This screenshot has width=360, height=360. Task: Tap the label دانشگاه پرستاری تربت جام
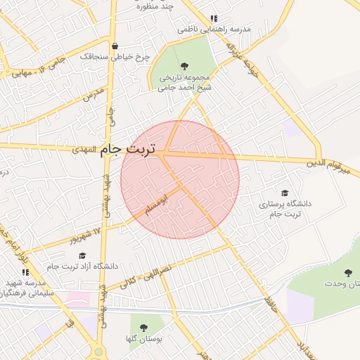[285, 208]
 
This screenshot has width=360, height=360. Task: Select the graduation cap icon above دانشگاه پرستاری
[285, 193]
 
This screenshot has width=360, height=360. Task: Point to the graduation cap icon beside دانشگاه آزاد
[82, 256]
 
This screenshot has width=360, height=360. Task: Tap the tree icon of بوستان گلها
[144, 327]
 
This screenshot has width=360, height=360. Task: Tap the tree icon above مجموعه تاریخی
[184, 66]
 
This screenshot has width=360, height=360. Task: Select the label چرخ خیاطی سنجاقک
[115, 56]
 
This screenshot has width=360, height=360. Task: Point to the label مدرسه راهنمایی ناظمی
[214, 30]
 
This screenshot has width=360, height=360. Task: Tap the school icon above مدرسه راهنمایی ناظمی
[214, 18]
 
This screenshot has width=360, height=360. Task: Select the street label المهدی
[83, 150]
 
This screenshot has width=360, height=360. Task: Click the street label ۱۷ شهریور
[85, 233]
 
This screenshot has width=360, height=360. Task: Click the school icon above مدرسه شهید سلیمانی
[25, 271]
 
